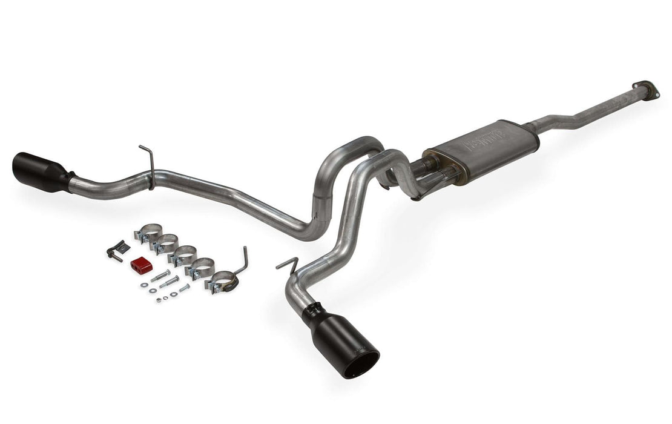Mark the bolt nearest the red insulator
(x=160, y=276)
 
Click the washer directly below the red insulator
(x=145, y=284)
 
